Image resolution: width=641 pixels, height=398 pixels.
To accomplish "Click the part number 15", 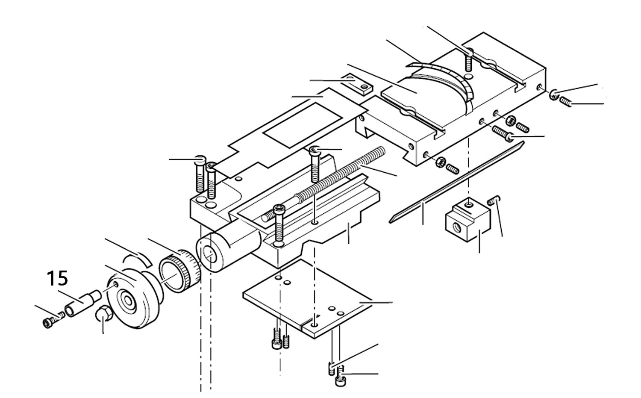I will click(57, 279).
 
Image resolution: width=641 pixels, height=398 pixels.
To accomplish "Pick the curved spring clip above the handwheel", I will click(136, 258).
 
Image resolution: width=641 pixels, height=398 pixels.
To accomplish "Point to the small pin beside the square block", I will click(495, 199).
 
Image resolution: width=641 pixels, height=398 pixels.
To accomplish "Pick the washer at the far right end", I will click(553, 95).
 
